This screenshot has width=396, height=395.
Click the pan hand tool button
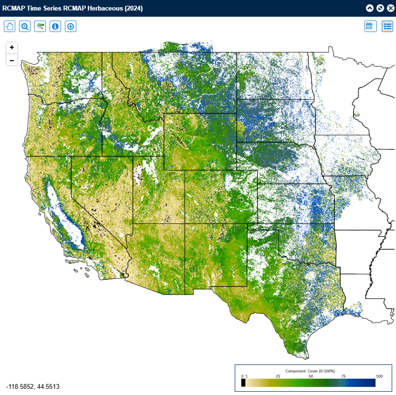(10, 26)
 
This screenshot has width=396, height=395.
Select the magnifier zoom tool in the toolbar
(25, 26)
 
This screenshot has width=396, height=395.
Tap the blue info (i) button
(55, 26)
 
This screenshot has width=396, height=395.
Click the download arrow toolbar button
(71, 26)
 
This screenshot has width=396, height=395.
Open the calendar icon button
(369, 26)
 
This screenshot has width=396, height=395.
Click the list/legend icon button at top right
(387, 26)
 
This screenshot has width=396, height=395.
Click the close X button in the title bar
(390, 8)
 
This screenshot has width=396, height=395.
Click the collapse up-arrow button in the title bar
(370, 8)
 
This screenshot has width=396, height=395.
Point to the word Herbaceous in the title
(104, 9)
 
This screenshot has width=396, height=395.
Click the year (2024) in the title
(133, 9)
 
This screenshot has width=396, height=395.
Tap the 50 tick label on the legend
(310, 376)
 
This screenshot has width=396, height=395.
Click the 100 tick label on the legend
(379, 376)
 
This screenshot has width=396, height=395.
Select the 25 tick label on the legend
(277, 376)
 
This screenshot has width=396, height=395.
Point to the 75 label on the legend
(343, 376)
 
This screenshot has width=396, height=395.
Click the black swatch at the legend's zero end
(243, 383)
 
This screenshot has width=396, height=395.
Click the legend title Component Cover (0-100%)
(310, 371)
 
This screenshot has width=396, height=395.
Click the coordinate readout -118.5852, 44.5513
(32, 386)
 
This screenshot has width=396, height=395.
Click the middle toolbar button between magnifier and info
(40, 26)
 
